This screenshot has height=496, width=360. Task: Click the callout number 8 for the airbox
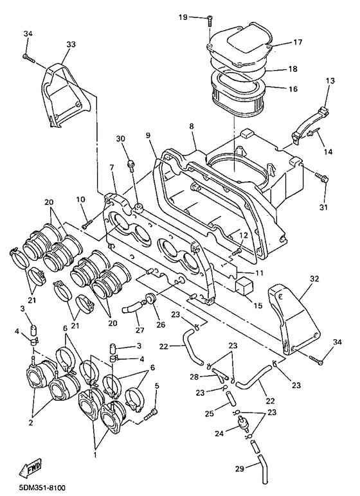(191, 127)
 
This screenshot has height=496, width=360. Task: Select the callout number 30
(120, 139)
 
